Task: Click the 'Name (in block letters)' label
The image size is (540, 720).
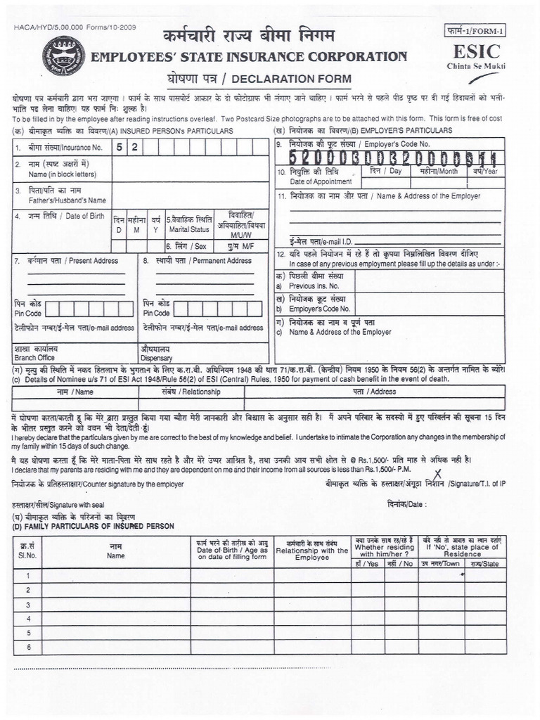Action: click(61, 174)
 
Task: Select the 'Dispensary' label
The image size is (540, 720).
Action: click(155, 357)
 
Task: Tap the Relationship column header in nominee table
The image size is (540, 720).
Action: click(200, 392)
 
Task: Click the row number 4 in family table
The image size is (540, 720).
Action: click(27, 619)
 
